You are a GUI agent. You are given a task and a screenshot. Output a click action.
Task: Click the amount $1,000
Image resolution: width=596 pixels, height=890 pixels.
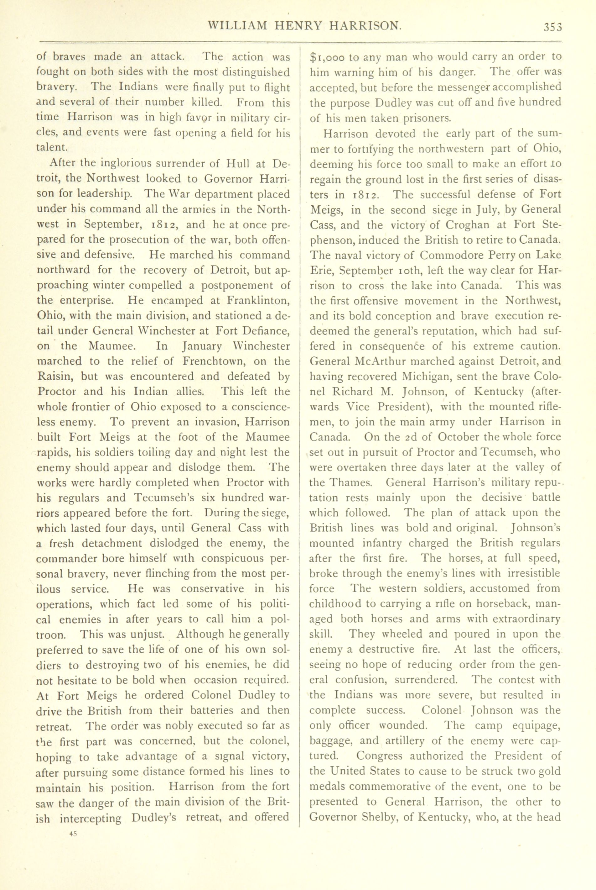[327, 57]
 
